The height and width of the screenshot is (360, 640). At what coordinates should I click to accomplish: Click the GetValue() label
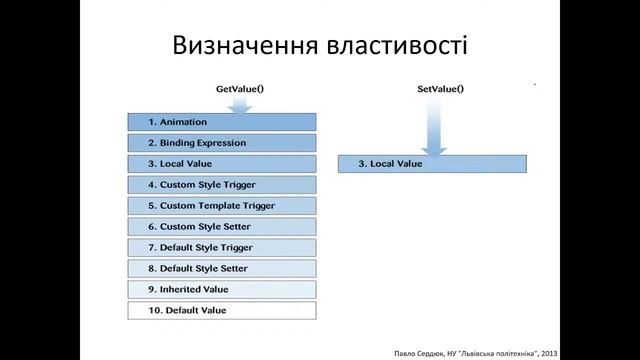point(240,89)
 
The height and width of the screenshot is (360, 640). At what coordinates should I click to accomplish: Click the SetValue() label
point(441,89)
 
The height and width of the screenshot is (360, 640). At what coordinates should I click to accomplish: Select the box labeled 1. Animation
point(222,122)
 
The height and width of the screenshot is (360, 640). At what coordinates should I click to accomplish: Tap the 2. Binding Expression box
point(222,143)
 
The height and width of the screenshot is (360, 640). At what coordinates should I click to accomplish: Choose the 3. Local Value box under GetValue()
point(222,163)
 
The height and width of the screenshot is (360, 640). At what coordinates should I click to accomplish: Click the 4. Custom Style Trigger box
point(222,185)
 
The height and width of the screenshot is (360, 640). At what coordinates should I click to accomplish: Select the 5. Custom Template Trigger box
point(222,206)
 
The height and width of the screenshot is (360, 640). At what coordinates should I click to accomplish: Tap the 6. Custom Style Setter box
point(222,227)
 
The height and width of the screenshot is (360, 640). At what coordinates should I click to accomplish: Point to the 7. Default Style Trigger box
point(222,247)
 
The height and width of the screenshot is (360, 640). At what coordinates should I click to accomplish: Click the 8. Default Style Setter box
point(222,268)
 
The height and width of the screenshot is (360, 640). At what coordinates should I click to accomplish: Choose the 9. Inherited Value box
point(222,289)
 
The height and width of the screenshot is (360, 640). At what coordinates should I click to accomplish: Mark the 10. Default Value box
point(222,310)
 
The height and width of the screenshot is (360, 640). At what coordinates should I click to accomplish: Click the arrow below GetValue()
point(240,103)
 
